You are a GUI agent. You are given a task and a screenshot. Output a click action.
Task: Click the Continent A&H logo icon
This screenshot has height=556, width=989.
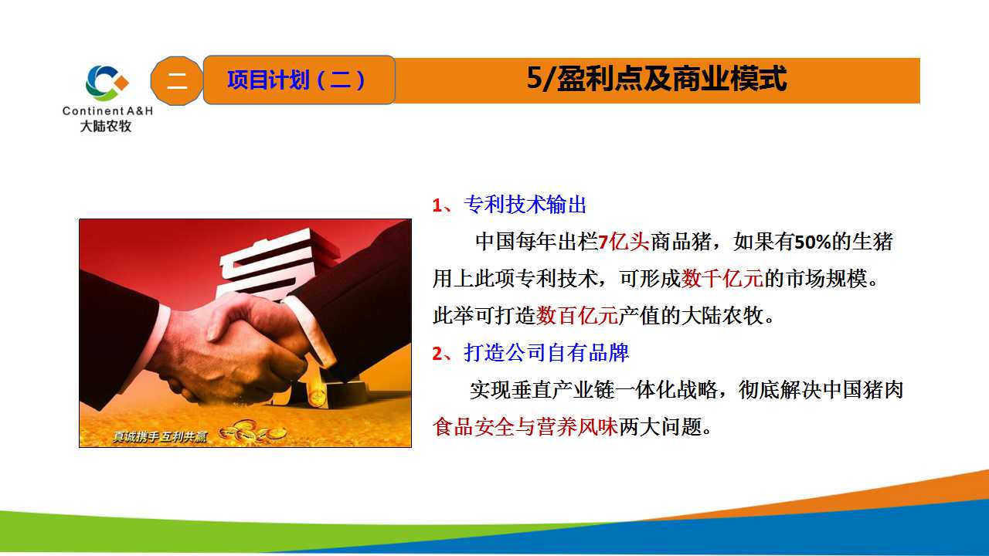click(107, 83)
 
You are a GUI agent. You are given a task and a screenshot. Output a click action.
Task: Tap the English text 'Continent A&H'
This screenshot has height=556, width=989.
click(107, 110)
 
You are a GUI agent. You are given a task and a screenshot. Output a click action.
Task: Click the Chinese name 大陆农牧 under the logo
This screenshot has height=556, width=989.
click(106, 126)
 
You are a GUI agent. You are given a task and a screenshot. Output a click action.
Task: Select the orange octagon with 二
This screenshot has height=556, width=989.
click(177, 81)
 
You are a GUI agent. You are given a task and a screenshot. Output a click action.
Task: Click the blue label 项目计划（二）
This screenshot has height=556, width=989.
click(296, 80)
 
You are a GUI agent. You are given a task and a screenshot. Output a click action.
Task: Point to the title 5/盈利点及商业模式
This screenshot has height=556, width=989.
click(657, 79)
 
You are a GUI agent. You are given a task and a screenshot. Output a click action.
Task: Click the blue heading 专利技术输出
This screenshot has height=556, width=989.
click(525, 205)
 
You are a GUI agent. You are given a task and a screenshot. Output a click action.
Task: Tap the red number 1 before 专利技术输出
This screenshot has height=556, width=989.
click(437, 205)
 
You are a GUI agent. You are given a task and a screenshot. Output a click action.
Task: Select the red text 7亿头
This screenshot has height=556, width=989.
click(624, 242)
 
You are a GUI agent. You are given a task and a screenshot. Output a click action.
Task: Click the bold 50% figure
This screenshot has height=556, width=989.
click(812, 242)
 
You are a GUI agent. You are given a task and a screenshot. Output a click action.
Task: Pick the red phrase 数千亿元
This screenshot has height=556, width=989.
click(722, 279)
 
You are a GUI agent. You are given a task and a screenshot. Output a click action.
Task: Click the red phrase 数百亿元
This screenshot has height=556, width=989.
click(577, 316)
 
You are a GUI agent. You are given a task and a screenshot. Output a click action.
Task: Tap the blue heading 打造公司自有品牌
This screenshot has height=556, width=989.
click(546, 353)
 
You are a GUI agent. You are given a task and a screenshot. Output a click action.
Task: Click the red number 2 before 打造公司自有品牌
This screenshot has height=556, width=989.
click(437, 354)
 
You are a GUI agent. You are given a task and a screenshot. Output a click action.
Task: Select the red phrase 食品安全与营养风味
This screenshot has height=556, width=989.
click(525, 427)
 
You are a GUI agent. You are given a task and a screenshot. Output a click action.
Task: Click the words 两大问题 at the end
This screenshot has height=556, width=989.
click(660, 427)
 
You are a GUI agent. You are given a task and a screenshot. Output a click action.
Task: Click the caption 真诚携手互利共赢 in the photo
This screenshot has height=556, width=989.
click(159, 436)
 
